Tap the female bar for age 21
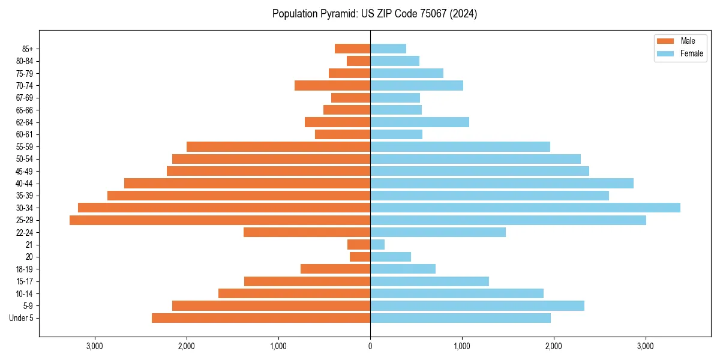click(377, 245)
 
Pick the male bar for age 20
click(360, 257)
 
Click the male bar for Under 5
click(261, 318)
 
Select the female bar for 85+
click(388, 49)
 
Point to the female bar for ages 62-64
click(419, 122)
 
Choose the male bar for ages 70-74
click(332, 85)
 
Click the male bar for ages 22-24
click(307, 232)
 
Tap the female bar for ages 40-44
click(502, 183)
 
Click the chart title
click(374, 14)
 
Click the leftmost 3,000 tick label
click(95, 347)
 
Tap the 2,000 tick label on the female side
click(553, 347)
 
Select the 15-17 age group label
click(25, 281)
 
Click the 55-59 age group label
click(25, 147)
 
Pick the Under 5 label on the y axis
click(22, 318)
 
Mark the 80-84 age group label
click(25, 61)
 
